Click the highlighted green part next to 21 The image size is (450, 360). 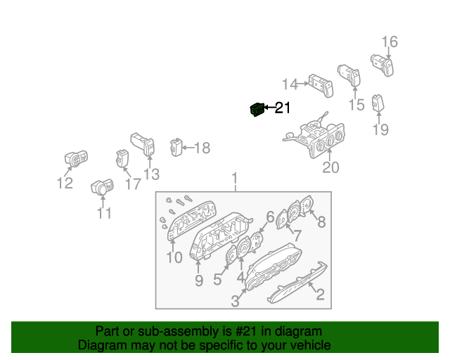point(257,110)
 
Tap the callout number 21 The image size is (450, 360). point(282,108)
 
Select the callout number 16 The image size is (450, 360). point(390,42)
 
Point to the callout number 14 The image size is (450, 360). point(290,84)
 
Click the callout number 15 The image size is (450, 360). point(356,105)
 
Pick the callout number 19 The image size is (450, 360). point(380,129)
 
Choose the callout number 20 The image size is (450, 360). point(330,167)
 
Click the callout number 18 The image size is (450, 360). point(202,148)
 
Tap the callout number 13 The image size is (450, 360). point(151,174)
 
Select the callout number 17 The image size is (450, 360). point(133,184)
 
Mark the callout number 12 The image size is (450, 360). point(65,184)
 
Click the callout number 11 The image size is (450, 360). point(104,213)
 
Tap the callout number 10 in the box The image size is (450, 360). point(174,257)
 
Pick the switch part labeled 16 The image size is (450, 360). point(382,64)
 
